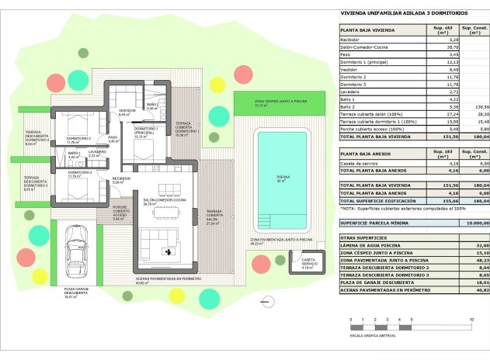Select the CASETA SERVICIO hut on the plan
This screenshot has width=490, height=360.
pos(309,261)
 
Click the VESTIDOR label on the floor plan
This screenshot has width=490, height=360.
pos(124,112)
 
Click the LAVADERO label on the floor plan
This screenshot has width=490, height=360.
pos(96,152)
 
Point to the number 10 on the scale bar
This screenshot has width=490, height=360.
pos(471,320)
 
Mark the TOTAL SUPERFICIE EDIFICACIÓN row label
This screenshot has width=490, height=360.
pos(377,201)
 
